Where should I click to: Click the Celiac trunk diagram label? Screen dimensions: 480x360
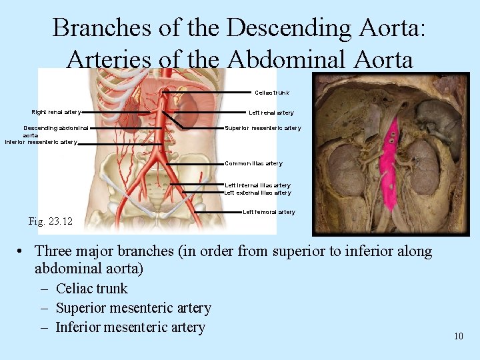271,92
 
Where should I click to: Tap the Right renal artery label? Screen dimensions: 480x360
56,112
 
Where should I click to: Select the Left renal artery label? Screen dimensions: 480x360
271,113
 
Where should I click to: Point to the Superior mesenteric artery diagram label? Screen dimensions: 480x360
263,128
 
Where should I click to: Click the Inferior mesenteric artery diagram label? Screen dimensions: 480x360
41,142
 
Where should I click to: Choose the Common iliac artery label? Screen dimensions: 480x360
253,163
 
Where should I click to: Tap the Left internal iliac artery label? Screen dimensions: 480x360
257,185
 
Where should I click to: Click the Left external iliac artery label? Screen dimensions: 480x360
257,193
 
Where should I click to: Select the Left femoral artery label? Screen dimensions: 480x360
269,212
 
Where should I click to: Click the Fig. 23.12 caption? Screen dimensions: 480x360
51,221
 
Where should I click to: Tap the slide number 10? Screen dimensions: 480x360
458,336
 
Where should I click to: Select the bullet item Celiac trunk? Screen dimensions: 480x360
92,289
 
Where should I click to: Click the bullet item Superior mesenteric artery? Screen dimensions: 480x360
133,308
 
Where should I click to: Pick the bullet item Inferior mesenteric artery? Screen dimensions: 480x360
130,327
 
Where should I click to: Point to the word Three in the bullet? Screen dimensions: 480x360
53,251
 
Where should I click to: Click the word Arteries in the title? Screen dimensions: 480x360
109,59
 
